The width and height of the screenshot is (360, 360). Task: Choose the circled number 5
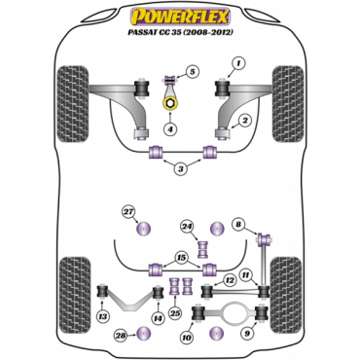pyautogui.click(x=192, y=72)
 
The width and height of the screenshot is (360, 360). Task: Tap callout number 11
pyautogui.click(x=246, y=274)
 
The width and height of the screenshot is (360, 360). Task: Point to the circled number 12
pyautogui.click(x=228, y=279)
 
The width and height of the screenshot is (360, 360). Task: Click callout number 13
pyautogui.click(x=103, y=318)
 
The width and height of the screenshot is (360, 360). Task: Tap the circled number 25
pyautogui.click(x=175, y=312)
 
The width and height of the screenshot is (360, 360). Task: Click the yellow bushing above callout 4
pyautogui.click(x=171, y=101)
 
